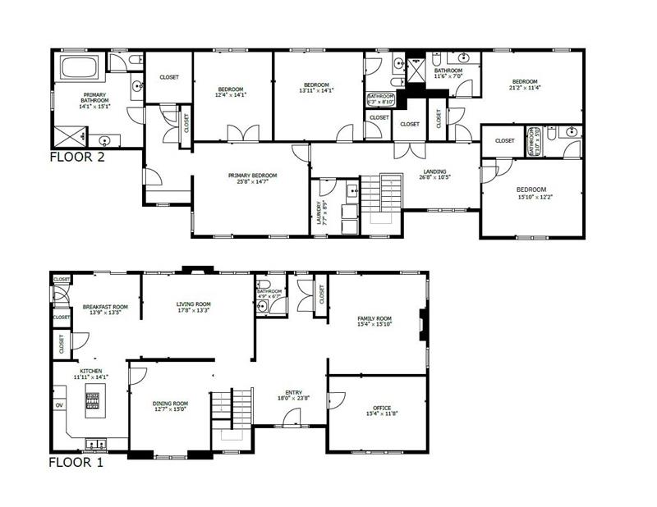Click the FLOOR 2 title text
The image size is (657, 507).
point(77,157)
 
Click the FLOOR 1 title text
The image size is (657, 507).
point(76,462)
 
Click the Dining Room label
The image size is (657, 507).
point(170,406)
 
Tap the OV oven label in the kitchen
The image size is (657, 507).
point(59,405)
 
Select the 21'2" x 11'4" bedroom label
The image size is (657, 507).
point(524,84)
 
